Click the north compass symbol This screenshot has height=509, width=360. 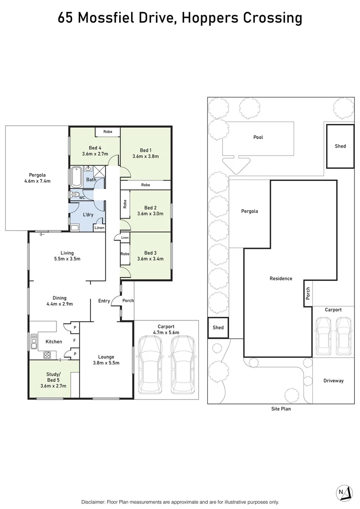(344, 493)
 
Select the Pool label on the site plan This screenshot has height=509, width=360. (258, 137)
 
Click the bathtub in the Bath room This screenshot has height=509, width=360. (76, 178)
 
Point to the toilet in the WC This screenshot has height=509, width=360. (76, 194)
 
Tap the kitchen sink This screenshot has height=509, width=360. (34, 342)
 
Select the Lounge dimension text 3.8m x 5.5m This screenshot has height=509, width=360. (106, 363)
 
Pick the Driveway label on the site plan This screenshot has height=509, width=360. (333, 381)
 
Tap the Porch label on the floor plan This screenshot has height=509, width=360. (128, 301)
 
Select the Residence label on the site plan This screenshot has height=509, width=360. (280, 279)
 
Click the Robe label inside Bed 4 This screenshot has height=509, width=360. (107, 132)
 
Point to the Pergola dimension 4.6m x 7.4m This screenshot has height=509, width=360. (37, 181)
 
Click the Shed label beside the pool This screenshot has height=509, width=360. (340, 146)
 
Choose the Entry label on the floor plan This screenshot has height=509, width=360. (104, 301)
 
